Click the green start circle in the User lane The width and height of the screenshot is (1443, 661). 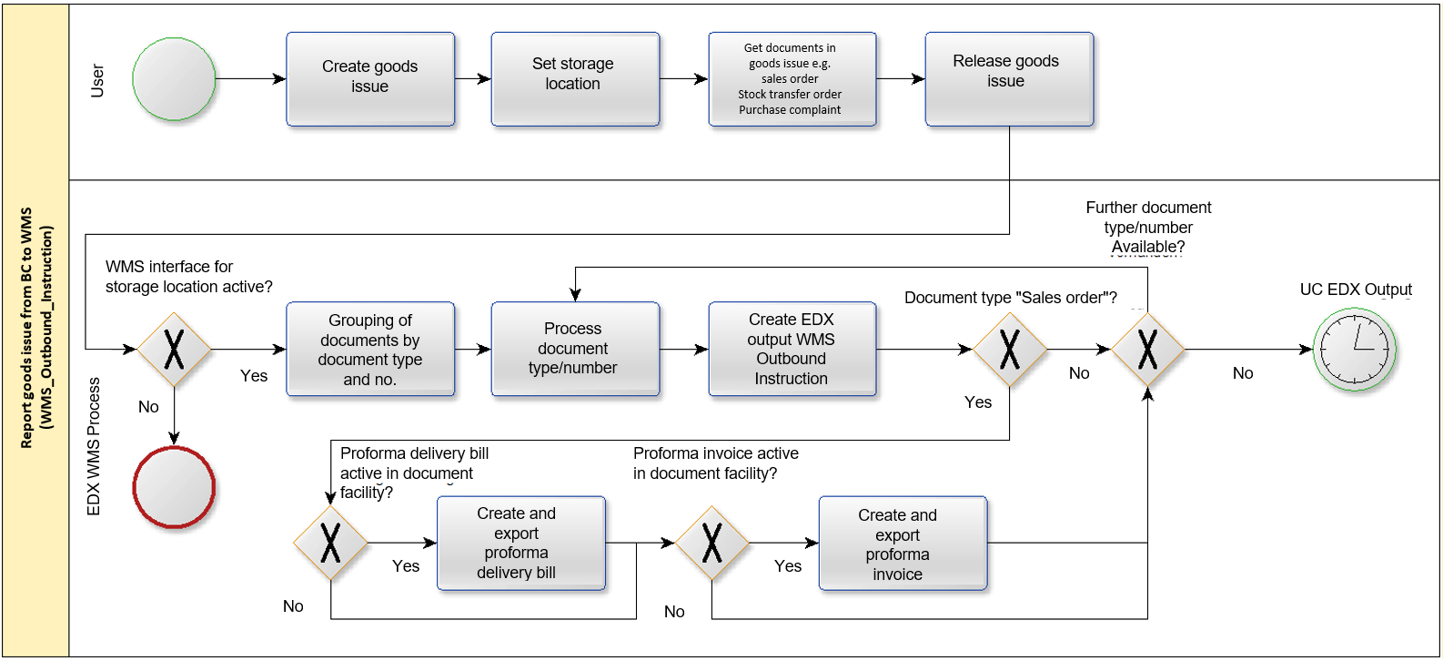click(174, 78)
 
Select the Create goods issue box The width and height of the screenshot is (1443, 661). click(370, 78)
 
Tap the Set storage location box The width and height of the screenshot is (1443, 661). click(575, 78)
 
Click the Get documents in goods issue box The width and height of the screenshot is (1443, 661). click(792, 78)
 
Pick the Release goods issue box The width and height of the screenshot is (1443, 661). click(1009, 78)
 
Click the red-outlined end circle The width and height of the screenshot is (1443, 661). click(174, 487)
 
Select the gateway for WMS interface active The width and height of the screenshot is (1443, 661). click(174, 350)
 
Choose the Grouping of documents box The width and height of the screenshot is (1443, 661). click(370, 349)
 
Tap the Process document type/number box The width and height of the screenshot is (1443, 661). click(575, 349)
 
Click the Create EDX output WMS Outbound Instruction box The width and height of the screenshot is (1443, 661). click(792, 349)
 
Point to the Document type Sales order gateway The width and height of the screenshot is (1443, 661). click(1009, 350)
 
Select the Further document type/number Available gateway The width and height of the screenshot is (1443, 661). click(1148, 350)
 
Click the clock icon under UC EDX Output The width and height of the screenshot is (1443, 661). click(1355, 350)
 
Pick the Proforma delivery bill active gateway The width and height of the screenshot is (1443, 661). click(330, 543)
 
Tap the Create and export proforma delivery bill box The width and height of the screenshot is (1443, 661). click(521, 543)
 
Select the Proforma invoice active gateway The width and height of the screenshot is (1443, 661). click(711, 543)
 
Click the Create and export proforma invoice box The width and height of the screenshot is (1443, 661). click(903, 543)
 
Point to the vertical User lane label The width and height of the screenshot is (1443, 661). click(97, 81)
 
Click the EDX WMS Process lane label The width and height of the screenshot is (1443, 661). click(94, 446)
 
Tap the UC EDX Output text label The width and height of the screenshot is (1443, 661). click(1356, 290)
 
